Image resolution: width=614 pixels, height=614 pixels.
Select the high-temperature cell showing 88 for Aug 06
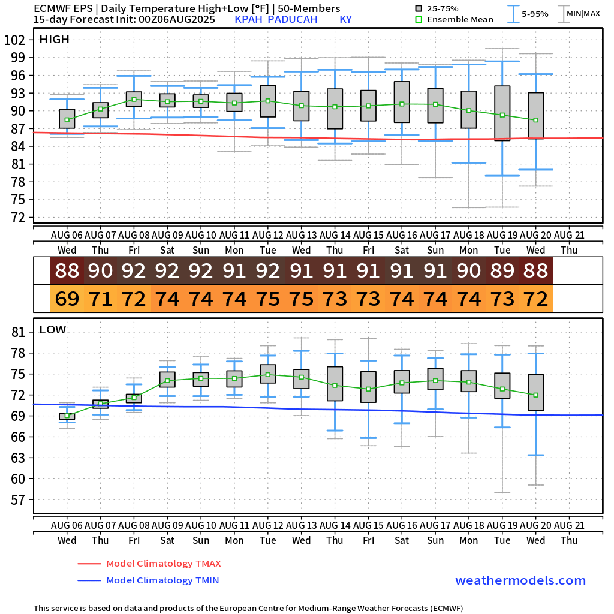67,270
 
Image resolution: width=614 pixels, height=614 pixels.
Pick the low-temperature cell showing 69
67,298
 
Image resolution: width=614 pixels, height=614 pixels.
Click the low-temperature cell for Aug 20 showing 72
535,298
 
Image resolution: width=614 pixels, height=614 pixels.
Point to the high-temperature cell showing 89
502,270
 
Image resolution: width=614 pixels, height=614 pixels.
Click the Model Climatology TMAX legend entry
163,564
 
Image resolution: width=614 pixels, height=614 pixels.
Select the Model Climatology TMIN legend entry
162,580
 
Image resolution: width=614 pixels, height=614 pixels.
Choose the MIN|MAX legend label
583,13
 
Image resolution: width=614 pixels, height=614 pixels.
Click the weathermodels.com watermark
520,580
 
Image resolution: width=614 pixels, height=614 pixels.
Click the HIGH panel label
55,40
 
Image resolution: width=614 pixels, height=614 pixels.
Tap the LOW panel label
53,329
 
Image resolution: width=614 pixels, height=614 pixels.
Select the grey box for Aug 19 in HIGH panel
502,113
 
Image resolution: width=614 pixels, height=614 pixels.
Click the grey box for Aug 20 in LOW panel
535,392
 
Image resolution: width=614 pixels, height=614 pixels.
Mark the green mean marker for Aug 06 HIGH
67,120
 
